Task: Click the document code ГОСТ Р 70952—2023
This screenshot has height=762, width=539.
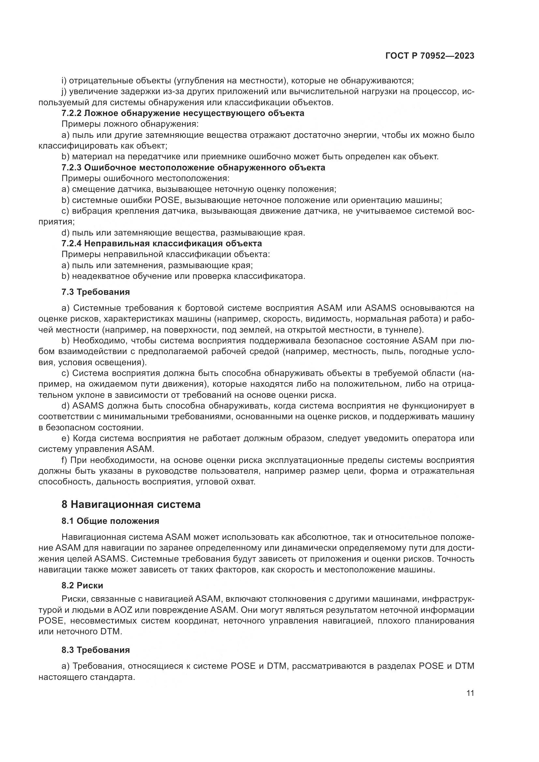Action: click(x=430, y=56)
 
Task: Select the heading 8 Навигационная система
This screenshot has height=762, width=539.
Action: click(x=131, y=504)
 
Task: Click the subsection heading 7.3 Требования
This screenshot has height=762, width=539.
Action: click(x=95, y=292)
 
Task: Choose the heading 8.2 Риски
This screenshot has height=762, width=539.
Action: click(x=82, y=585)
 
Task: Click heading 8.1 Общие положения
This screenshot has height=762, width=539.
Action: click(x=110, y=521)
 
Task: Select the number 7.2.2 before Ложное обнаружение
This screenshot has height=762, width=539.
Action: click(x=72, y=113)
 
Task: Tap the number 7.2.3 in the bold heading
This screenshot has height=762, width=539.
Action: click(x=72, y=167)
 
